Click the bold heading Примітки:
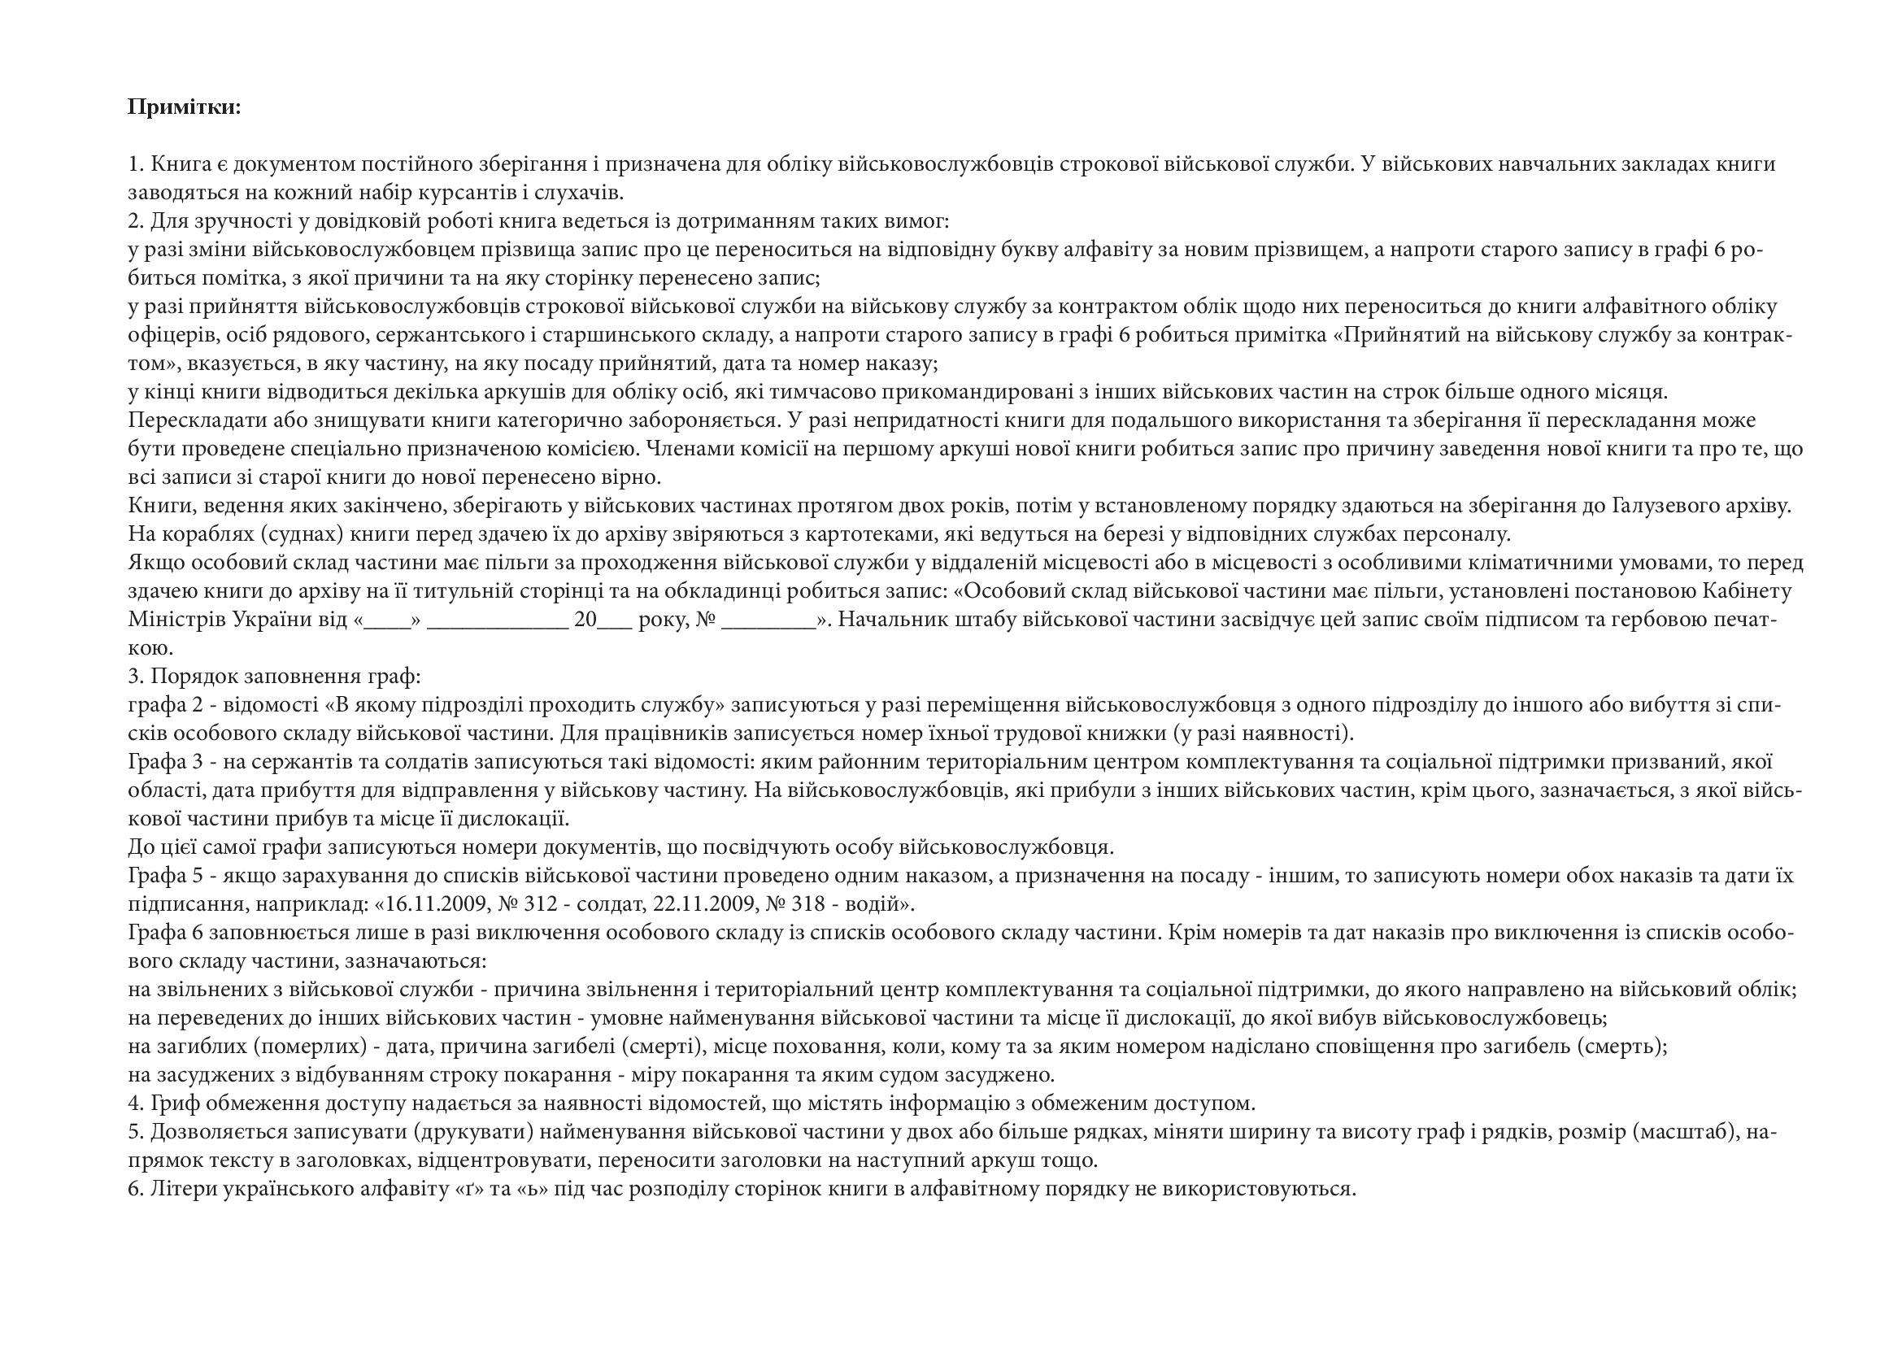(184, 107)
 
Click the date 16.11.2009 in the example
(437, 903)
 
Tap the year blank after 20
(615, 621)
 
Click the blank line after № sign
(768, 621)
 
